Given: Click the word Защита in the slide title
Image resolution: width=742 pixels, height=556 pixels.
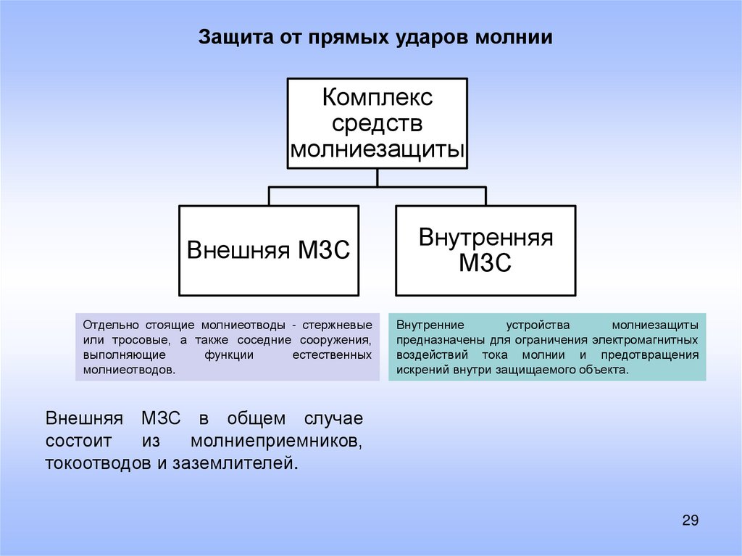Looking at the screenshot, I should [x=230, y=38].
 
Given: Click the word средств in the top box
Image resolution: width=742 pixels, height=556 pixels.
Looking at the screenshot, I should [x=377, y=123].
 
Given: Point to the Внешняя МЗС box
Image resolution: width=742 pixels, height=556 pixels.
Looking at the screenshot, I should [x=268, y=251].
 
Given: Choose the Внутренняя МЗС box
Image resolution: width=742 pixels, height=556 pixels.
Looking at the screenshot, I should [x=485, y=251].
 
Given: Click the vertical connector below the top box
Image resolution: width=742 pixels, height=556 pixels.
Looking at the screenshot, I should [x=377, y=178].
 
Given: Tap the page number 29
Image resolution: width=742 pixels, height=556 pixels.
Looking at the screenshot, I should [x=690, y=520].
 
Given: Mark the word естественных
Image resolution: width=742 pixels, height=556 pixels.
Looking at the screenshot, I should [x=332, y=354].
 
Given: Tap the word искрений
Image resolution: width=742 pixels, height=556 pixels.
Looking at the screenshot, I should [x=422, y=370].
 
